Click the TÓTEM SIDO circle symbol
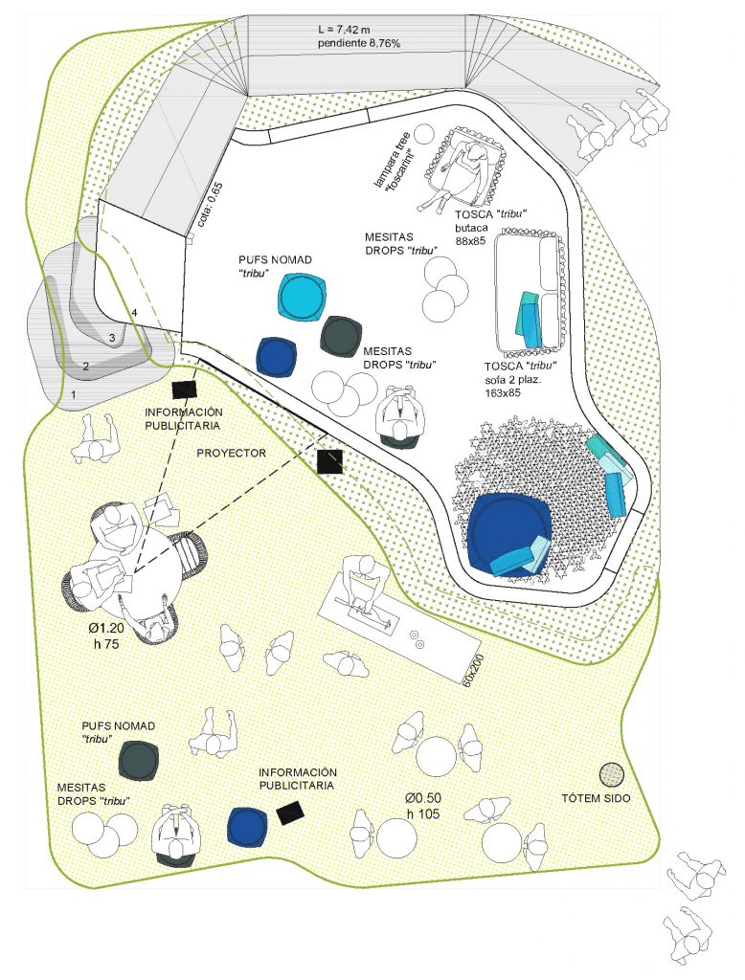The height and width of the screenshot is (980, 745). click(611, 775)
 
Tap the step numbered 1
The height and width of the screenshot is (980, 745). click(74, 394)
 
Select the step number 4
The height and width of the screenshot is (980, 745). click(133, 312)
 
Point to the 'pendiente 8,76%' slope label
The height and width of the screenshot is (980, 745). click(358, 44)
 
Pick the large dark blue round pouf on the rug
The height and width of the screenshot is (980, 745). click(509, 532)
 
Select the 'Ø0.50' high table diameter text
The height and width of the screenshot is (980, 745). click(423, 798)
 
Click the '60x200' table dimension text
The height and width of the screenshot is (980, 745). click(472, 670)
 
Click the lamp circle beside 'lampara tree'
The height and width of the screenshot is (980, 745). click(425, 134)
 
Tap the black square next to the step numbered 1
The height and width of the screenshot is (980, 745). click(185, 390)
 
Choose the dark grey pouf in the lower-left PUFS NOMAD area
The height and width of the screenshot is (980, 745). click(139, 760)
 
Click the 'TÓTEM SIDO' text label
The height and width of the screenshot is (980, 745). click(596, 798)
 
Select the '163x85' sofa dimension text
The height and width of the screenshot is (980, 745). click(503, 393)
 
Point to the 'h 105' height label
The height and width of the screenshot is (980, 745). click(423, 813)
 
